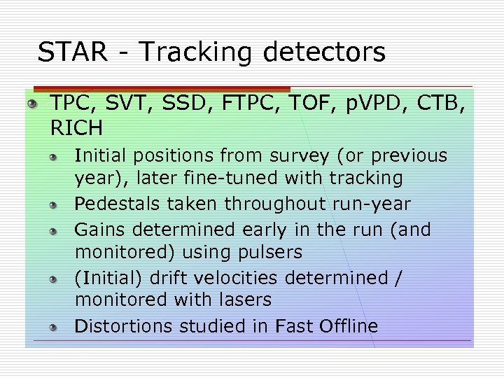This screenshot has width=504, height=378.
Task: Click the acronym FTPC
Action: pyautogui.click(x=243, y=104)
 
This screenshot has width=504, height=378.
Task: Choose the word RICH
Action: pyautogui.click(x=76, y=128)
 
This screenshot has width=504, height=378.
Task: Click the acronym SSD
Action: pyautogui.click(x=181, y=104)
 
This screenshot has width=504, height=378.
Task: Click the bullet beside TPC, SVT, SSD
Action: pyautogui.click(x=32, y=104)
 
